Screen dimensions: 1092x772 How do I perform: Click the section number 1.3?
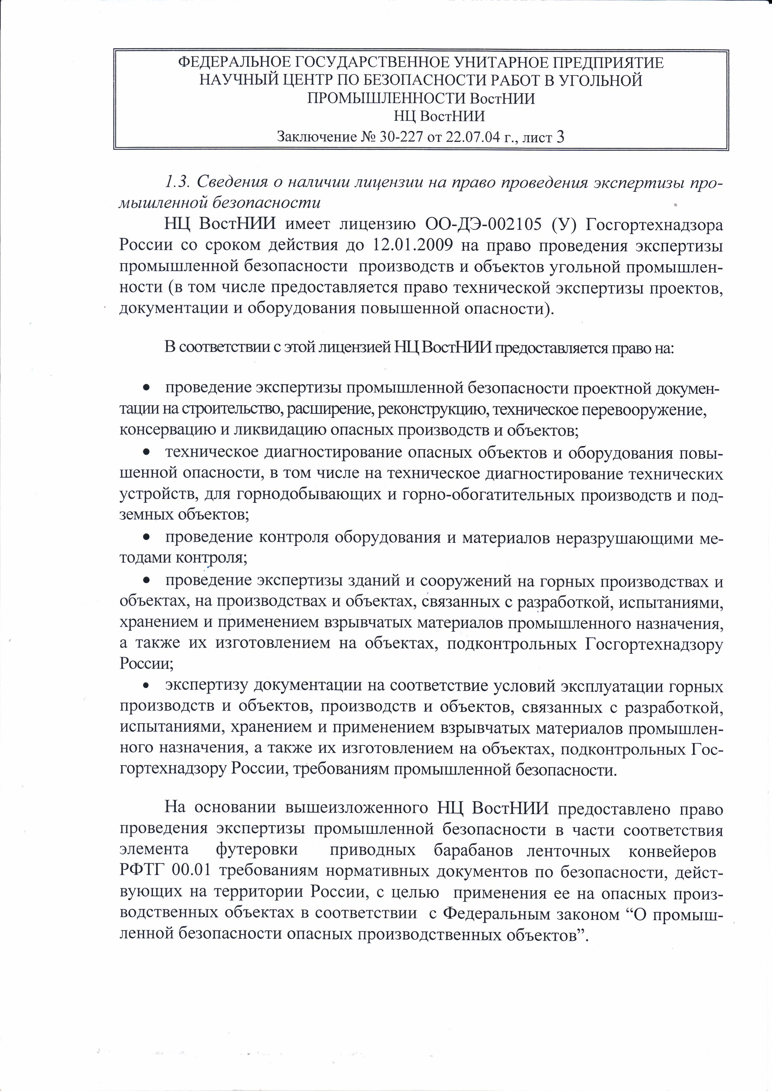(x=177, y=182)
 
